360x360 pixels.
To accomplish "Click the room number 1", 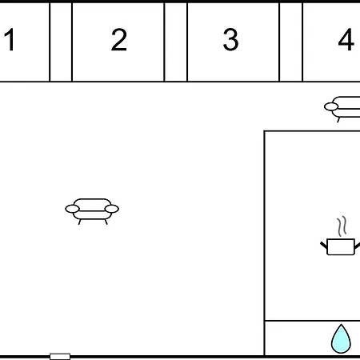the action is point(10,39).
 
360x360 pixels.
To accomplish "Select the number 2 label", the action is point(119,39).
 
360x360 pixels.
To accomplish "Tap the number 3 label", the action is point(231,39).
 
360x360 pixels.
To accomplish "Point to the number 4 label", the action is point(346,39).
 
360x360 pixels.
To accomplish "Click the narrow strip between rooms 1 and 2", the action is point(61,42).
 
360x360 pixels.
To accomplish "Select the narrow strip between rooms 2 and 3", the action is point(176,42).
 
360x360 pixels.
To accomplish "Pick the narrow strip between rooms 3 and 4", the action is point(291,42).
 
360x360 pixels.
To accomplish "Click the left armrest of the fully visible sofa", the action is point(72,209).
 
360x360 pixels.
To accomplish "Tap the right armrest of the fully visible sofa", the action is point(112,209).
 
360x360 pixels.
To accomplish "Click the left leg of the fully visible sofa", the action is point(79,222).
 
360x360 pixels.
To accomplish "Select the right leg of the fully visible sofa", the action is point(106,222).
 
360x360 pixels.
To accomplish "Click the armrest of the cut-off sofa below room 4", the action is point(331,107).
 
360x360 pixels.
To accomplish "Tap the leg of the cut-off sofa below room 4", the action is point(338,120).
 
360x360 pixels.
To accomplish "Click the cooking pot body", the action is point(341,247).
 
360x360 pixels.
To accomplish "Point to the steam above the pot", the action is point(342,226).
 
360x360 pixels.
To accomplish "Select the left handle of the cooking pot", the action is point(324,246).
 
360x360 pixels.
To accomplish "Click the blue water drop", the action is point(341,340).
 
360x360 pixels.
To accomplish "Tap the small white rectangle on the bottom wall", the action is point(60,357).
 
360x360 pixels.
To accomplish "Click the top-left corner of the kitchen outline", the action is point(265,131).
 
